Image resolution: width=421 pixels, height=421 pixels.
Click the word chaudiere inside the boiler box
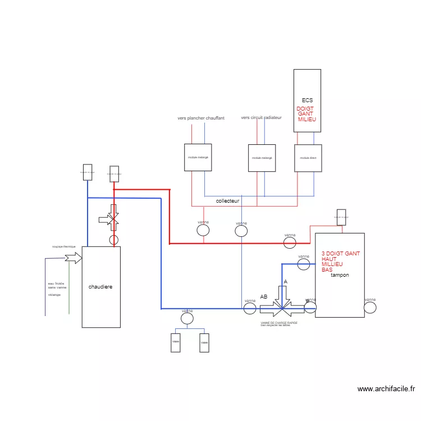pyautogui.click(x=100, y=287)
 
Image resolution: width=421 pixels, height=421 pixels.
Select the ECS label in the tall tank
pyautogui.click(x=307, y=100)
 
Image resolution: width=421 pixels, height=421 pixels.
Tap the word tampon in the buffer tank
pyautogui.click(x=340, y=275)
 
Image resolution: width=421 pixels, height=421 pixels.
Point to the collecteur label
pyautogui.click(x=228, y=200)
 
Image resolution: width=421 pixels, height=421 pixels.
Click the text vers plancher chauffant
pyautogui.click(x=201, y=118)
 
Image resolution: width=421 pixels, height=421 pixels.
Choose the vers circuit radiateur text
pyautogui.click(x=261, y=118)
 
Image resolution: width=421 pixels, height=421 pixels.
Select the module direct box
pyautogui.click(x=308, y=158)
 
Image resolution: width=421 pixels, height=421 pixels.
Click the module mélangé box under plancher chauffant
pyautogui.click(x=198, y=158)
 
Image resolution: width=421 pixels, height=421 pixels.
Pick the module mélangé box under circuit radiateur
pyautogui.click(x=262, y=158)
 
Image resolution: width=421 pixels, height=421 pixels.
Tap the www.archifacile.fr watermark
pyautogui.click(x=386, y=388)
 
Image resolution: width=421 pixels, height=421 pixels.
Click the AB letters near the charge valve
pyautogui.click(x=264, y=296)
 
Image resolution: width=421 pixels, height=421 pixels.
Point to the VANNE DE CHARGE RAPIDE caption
pyautogui.click(x=279, y=323)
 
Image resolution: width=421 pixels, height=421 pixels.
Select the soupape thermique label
pyautogui.click(x=63, y=246)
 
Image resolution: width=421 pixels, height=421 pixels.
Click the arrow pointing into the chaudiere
pyautogui.click(x=73, y=258)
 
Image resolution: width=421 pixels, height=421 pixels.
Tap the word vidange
pyautogui.click(x=54, y=295)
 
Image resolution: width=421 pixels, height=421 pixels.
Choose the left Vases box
pyautogui.click(x=176, y=342)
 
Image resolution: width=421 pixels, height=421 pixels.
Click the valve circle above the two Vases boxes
pyautogui.click(x=187, y=318)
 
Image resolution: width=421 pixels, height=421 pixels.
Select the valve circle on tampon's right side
pyautogui.click(x=370, y=307)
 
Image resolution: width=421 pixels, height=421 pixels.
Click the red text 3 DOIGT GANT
pyautogui.click(x=341, y=254)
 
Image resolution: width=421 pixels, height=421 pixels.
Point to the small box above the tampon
pyautogui.click(x=341, y=217)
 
